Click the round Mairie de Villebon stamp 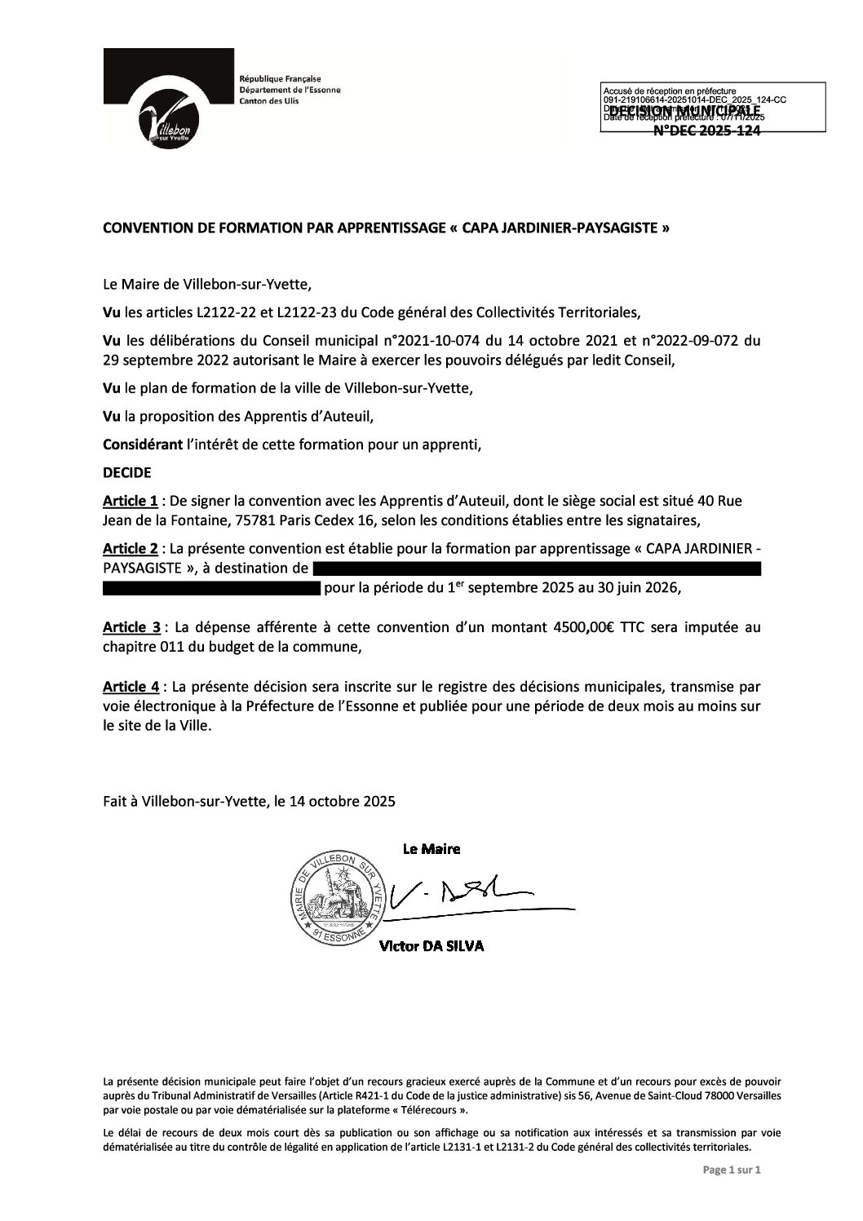click(x=336, y=896)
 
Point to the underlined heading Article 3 click(x=131, y=628)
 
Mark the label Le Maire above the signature click(x=431, y=849)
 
